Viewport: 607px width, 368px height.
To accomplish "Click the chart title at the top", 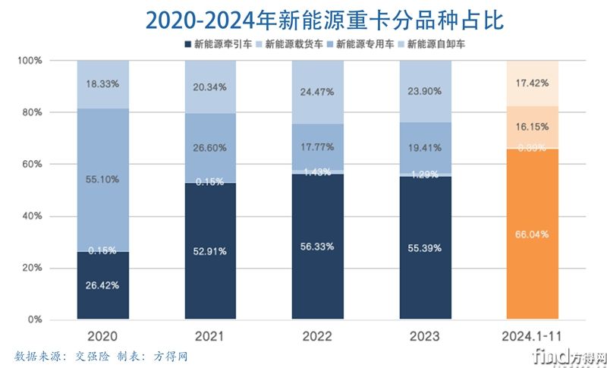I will point(303,17).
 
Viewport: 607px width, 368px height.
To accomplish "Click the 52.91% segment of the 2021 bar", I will point(211,250).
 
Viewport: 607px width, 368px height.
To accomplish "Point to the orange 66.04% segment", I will point(532,234).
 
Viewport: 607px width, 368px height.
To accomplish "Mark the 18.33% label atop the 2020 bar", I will point(103,84).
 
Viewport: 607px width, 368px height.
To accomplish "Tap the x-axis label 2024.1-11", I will point(532,335).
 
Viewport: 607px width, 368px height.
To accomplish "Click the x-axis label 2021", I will point(211,335).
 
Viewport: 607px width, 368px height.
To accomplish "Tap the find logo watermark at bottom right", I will point(558,354).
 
